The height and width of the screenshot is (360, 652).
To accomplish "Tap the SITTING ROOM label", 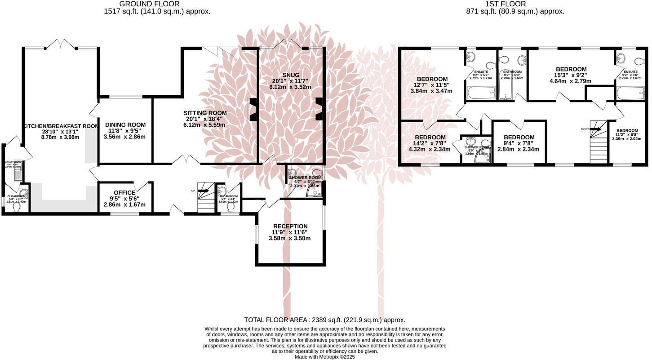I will tap(205, 113).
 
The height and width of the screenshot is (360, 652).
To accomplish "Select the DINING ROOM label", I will tap(125, 125).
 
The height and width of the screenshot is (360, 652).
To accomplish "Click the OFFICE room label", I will tap(124, 193).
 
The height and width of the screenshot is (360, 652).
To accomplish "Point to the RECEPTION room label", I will tap(290, 226).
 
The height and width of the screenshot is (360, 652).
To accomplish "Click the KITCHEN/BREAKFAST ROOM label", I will tap(61, 126).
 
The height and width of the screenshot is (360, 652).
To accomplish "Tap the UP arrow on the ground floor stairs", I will tap(203, 191).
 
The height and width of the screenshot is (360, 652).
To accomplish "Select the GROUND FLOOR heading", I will tap(157, 4).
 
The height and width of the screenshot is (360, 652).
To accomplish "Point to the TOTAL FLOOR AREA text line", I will tap(324, 320).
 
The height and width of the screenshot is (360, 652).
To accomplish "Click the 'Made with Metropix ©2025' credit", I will tap(324, 356).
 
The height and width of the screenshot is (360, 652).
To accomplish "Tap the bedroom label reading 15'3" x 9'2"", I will tap(571, 69).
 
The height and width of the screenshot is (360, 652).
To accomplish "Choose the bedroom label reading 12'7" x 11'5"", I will tap(431, 79).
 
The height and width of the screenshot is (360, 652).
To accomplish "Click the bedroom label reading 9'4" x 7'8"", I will tap(519, 137).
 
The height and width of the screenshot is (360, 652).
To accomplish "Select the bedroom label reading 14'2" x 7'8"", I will tap(430, 137).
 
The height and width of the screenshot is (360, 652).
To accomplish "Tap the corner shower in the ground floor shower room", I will tap(313, 192).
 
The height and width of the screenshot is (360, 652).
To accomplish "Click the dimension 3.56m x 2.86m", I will tap(125, 137).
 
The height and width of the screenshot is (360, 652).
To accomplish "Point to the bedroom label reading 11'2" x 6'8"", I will tap(627, 130).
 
